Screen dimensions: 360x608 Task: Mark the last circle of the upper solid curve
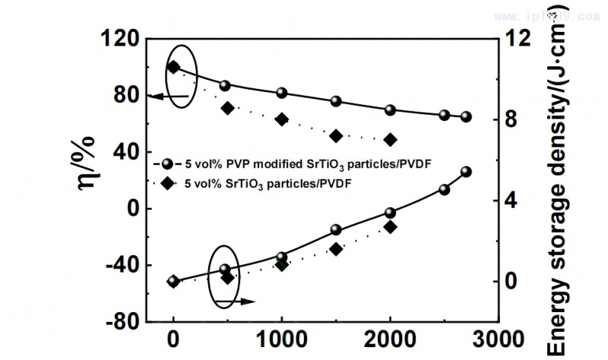pyautogui.click(x=466, y=117)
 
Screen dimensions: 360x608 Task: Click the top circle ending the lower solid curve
pyautogui.click(x=466, y=172)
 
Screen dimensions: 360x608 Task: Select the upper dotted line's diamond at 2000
pyautogui.click(x=390, y=140)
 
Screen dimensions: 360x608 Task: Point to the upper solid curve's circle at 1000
pyautogui.click(x=282, y=93)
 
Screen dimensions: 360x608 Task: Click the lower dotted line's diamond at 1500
pyautogui.click(x=336, y=249)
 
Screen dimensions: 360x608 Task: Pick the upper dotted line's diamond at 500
pyautogui.click(x=227, y=108)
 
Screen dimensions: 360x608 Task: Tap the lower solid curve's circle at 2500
pyautogui.click(x=445, y=189)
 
